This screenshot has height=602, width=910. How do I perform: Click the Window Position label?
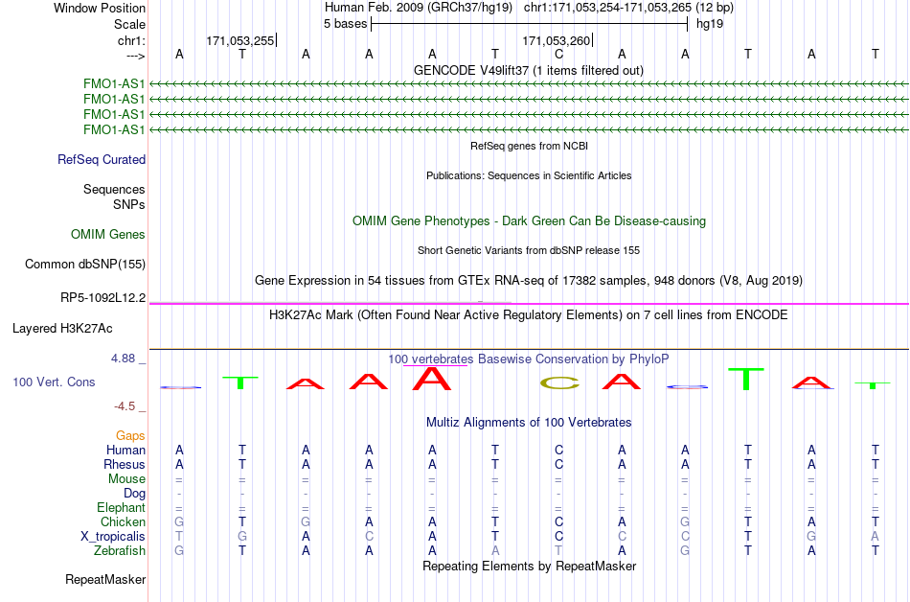[100, 8]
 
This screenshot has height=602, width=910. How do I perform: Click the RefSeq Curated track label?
[102, 160]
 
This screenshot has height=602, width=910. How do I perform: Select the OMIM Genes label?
[108, 234]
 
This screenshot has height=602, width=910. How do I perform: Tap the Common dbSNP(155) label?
[85, 265]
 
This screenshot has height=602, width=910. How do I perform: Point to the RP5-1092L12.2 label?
[103, 298]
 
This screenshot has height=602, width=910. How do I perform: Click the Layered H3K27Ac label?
[62, 329]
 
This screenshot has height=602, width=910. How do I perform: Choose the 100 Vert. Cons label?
[54, 382]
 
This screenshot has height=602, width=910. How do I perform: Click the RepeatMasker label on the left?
[105, 579]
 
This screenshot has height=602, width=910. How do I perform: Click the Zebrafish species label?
[120, 550]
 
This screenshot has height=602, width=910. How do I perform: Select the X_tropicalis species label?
[113, 536]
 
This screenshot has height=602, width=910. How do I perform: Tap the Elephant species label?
[122, 507]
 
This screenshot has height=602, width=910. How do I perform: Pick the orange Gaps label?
[130, 435]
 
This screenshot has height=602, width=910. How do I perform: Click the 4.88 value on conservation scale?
[123, 359]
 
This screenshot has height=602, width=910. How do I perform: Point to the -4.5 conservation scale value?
[125, 406]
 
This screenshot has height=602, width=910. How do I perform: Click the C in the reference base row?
[558, 55]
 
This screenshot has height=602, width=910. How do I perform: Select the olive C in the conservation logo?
[559, 383]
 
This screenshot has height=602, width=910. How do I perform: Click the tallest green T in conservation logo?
[746, 379]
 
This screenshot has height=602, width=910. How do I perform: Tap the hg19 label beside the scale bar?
[710, 24]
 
